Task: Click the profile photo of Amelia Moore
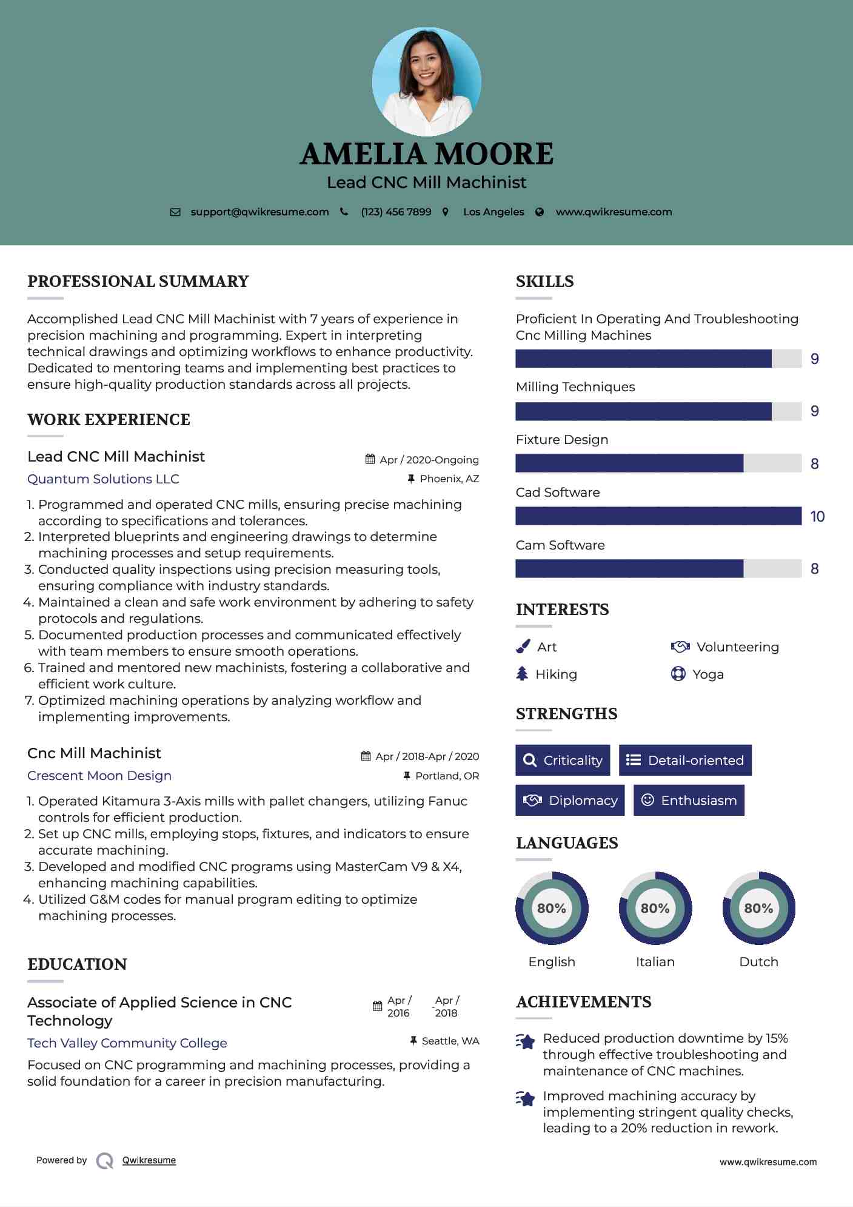tap(426, 81)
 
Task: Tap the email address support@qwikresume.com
tap(259, 212)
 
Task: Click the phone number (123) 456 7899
tap(396, 212)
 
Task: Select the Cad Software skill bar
tap(658, 516)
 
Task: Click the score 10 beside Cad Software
tap(817, 517)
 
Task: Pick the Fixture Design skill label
tap(561, 440)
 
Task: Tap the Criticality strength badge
tap(563, 760)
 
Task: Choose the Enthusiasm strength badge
tap(689, 800)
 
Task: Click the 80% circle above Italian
tap(655, 908)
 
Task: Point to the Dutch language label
tap(758, 962)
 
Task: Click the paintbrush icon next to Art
tap(523, 647)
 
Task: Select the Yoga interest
tap(707, 674)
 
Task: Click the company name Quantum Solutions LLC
tap(103, 479)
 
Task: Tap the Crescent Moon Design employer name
tap(99, 776)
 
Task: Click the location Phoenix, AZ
tap(449, 479)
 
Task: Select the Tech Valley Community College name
tap(127, 1043)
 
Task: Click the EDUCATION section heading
tap(77, 964)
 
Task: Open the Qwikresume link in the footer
tap(149, 1160)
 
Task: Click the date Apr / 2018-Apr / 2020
tap(427, 756)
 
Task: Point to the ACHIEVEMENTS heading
tap(583, 1002)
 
